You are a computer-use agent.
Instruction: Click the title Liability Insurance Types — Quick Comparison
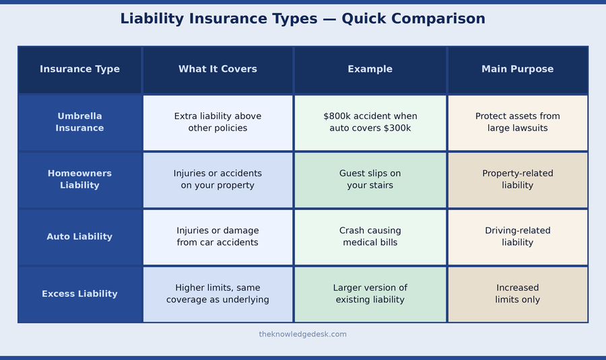click(302, 19)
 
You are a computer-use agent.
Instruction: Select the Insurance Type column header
click(79, 69)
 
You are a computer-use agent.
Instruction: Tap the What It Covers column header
click(217, 69)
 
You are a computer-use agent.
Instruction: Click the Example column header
click(370, 69)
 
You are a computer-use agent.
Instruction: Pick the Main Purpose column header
click(517, 69)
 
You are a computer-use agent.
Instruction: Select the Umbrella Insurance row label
click(79, 122)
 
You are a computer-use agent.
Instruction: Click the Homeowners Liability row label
click(79, 180)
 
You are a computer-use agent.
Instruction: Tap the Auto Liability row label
click(79, 237)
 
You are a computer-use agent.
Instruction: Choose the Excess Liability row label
click(79, 294)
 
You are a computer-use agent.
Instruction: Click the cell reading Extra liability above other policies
click(217, 122)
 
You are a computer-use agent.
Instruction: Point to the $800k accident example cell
click(370, 122)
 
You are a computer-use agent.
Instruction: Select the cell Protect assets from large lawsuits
click(517, 122)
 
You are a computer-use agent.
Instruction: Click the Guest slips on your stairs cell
click(370, 180)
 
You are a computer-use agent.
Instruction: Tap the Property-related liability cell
click(517, 180)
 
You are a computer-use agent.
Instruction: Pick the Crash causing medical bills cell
click(370, 237)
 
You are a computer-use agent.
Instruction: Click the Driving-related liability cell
click(517, 237)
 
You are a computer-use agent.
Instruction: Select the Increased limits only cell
click(517, 294)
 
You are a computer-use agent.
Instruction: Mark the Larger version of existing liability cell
click(370, 294)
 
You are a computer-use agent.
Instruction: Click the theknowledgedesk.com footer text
click(302, 334)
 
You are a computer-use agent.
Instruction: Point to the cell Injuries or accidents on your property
click(217, 180)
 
